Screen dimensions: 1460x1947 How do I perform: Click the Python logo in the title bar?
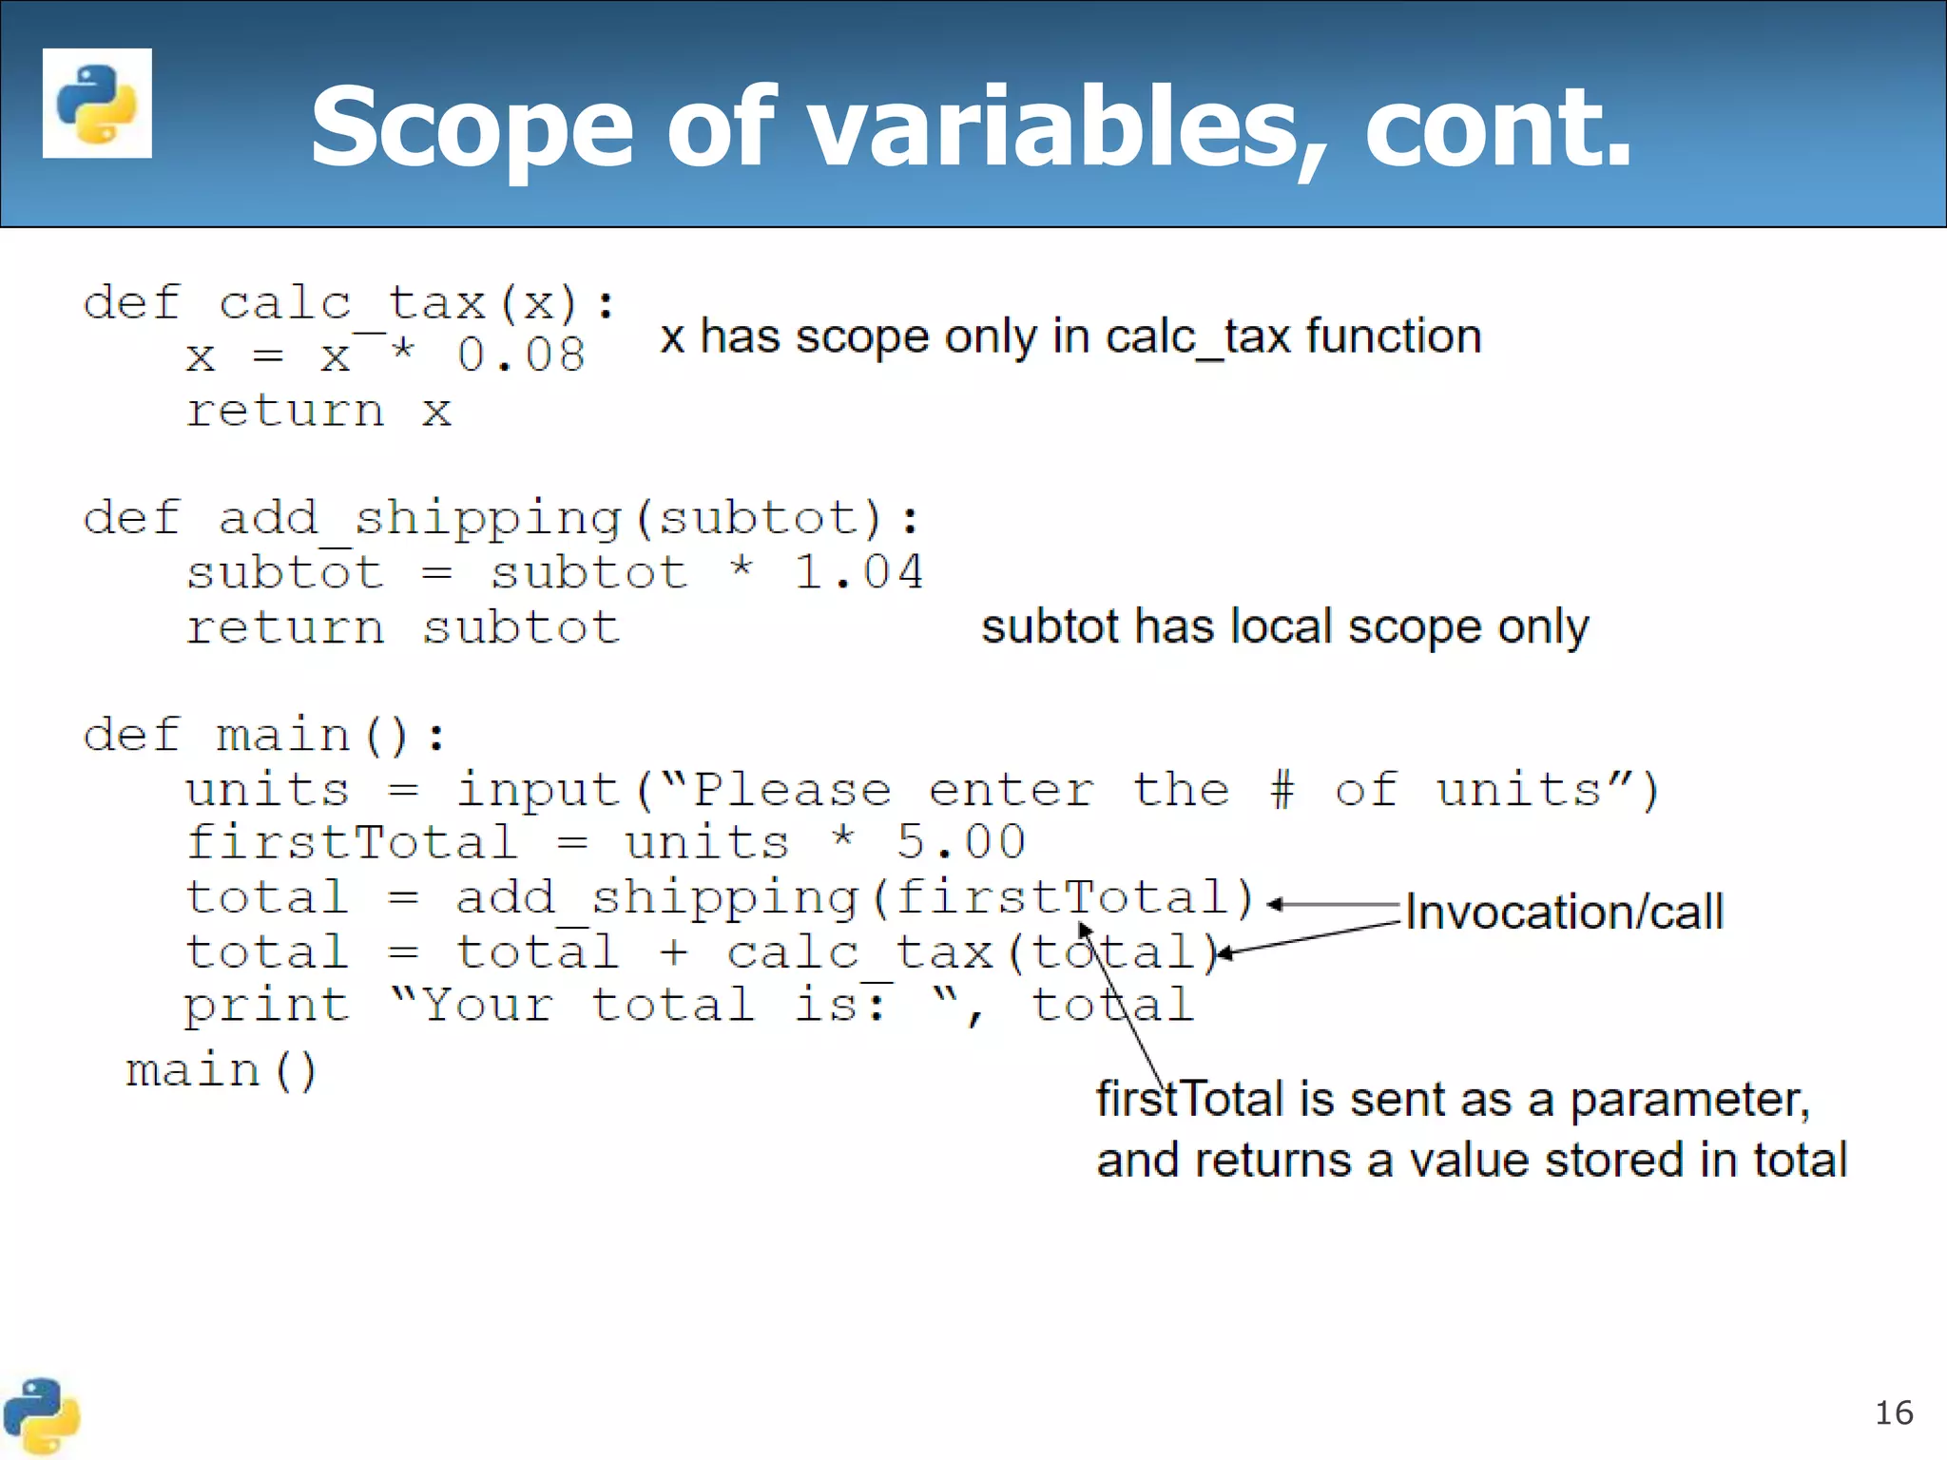point(97,103)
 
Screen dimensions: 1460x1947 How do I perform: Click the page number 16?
point(1893,1413)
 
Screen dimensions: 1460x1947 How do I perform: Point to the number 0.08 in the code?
point(521,355)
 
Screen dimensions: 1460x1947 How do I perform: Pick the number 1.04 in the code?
point(858,572)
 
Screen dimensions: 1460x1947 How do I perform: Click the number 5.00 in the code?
point(961,842)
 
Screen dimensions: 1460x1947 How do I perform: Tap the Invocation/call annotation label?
point(1564,912)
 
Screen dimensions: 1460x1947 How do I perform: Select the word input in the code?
point(538,790)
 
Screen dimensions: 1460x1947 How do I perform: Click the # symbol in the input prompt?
point(1282,790)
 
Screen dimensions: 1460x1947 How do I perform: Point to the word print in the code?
point(267,1006)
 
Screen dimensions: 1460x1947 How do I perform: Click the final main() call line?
point(222,1071)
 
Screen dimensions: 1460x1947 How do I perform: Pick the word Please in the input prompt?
point(792,790)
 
